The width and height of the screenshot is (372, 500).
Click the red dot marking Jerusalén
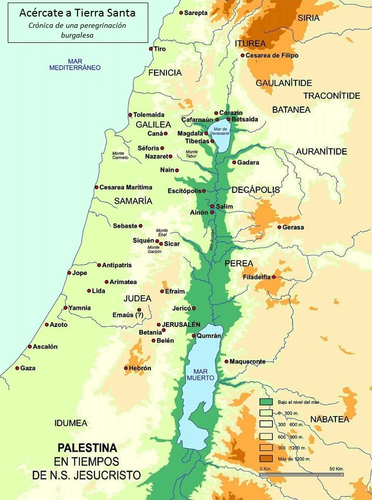159,325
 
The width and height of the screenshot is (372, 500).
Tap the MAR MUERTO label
204,374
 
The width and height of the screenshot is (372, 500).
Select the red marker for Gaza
17,368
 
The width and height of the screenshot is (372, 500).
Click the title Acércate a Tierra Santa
78,13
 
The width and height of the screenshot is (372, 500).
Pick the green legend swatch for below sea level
266,401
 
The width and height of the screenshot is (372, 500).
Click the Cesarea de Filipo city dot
242,56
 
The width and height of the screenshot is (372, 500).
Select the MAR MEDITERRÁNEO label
75,64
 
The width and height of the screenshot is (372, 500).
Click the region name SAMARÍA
133,200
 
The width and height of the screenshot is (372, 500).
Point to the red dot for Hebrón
126,368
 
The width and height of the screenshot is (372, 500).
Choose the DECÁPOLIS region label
255,190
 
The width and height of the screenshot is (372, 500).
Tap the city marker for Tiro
151,49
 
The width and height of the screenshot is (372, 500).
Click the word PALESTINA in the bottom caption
87,447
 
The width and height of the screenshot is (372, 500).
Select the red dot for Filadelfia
274,277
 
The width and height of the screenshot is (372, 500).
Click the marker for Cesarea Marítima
96,187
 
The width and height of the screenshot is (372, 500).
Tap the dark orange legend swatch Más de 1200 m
266,459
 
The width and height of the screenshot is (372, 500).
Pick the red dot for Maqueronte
226,362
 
